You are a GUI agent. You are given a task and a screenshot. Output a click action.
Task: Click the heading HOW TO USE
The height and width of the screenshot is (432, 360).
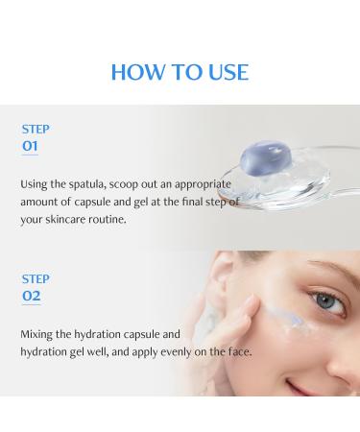(x=180, y=72)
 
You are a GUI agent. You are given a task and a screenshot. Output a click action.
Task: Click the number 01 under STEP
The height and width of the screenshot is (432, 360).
(x=31, y=146)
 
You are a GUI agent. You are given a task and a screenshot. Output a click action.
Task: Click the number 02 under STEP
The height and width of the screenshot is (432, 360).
(x=31, y=296)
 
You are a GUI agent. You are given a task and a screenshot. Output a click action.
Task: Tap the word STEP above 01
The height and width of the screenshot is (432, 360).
(x=35, y=129)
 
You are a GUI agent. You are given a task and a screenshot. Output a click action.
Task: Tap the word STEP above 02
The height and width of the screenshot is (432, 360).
(x=35, y=278)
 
